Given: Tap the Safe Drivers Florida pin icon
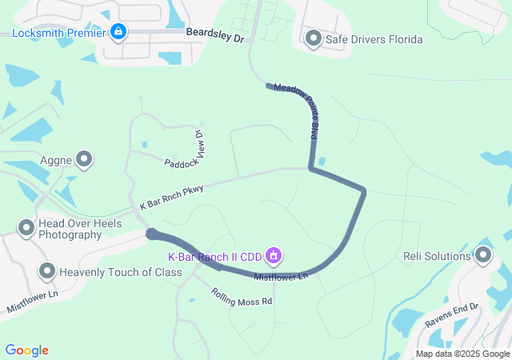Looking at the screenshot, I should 313,38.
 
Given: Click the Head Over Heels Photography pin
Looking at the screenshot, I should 26,229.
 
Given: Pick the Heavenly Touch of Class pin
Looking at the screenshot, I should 46,272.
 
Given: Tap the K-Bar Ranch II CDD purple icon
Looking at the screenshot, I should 274,256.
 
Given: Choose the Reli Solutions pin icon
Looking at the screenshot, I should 482,256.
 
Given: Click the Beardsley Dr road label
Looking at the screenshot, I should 214,37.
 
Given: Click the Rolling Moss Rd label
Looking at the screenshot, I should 242,297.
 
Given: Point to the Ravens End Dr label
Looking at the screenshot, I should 452,317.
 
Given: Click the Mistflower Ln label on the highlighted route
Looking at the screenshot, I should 281,277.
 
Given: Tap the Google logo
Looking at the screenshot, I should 27,350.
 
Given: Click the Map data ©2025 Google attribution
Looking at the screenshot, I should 462,354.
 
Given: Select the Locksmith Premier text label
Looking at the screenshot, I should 58,33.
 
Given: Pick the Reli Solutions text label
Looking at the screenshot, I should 437,256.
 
